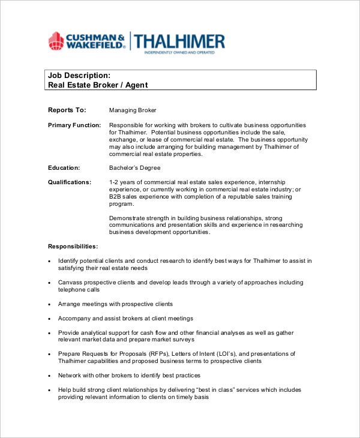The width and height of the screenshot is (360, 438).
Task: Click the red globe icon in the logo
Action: click(x=56, y=41)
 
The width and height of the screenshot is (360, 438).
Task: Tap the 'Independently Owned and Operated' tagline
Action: click(x=179, y=53)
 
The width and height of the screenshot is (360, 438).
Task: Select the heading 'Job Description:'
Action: click(x=79, y=76)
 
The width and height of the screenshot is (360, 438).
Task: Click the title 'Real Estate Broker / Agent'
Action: click(x=97, y=85)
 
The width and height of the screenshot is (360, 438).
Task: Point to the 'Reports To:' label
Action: click(x=67, y=110)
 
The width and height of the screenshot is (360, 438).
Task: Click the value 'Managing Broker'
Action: click(x=133, y=110)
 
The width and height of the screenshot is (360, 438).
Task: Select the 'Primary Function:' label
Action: click(x=74, y=125)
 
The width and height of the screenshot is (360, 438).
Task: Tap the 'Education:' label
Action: click(x=64, y=168)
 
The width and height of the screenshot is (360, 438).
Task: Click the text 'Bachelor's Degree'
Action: click(x=134, y=168)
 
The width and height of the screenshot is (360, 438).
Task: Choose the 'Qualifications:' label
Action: click(x=70, y=182)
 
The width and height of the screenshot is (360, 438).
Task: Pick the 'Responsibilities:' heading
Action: click(x=73, y=246)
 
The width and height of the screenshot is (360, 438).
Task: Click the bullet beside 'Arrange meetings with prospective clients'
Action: click(x=49, y=304)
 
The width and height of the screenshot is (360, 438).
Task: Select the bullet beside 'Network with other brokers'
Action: click(x=49, y=376)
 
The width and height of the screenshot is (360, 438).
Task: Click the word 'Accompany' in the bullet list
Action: click(x=74, y=318)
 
